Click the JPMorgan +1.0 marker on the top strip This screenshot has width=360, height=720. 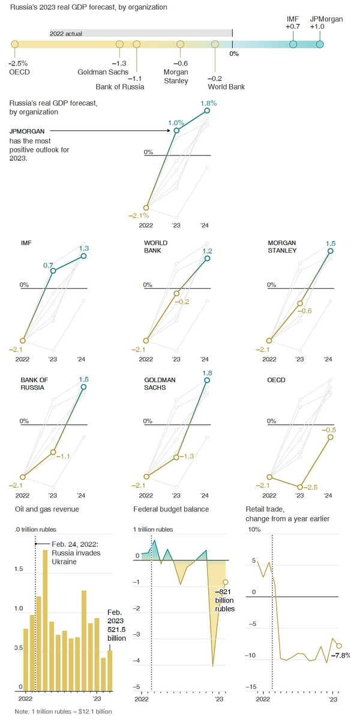coord(320,44)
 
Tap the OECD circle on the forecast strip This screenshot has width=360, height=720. coord(15,44)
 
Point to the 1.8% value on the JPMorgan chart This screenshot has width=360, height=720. coord(208,103)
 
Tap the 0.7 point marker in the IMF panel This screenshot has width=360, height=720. coord(53,271)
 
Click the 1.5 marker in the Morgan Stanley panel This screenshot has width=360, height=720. coord(330,252)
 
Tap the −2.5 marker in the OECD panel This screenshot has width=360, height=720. coord(299,486)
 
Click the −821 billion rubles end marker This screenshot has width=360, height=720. coord(225,581)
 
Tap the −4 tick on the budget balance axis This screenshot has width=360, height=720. coord(137,661)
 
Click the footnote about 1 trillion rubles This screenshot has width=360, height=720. coord(64,711)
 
